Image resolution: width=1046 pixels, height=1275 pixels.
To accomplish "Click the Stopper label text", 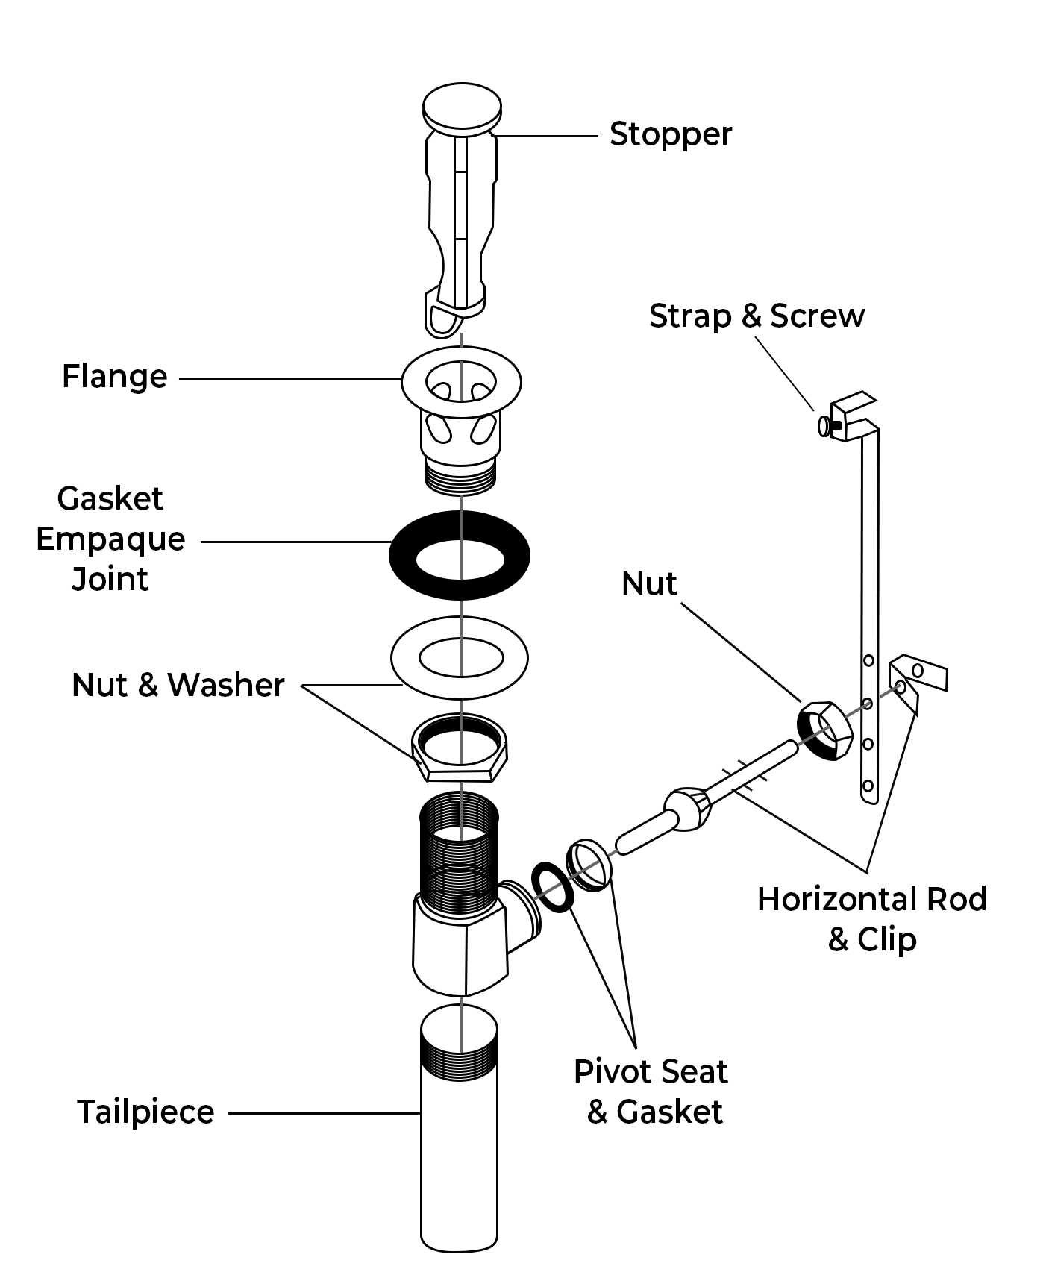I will (x=670, y=135).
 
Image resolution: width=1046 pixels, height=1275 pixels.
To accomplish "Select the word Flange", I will (x=114, y=377).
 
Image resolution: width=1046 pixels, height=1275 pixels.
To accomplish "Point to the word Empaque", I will (x=110, y=539).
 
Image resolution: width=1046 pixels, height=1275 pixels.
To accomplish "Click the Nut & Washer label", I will (x=178, y=685).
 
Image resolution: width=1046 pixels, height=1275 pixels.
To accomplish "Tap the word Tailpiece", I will (x=146, y=1112).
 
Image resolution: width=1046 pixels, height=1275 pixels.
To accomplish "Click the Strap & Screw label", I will (x=757, y=316).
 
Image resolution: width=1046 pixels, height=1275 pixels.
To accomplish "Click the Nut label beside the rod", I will (x=649, y=583).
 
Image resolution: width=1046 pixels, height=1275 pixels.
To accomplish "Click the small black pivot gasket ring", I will (x=553, y=887).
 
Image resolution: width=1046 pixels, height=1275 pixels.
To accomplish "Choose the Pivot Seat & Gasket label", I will (x=651, y=1091).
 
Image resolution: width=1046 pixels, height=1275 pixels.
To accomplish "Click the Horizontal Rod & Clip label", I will (x=871, y=918).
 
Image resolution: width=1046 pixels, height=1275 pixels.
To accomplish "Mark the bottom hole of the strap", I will (x=868, y=786).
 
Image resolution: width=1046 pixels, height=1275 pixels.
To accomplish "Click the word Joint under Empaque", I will (x=110, y=579).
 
